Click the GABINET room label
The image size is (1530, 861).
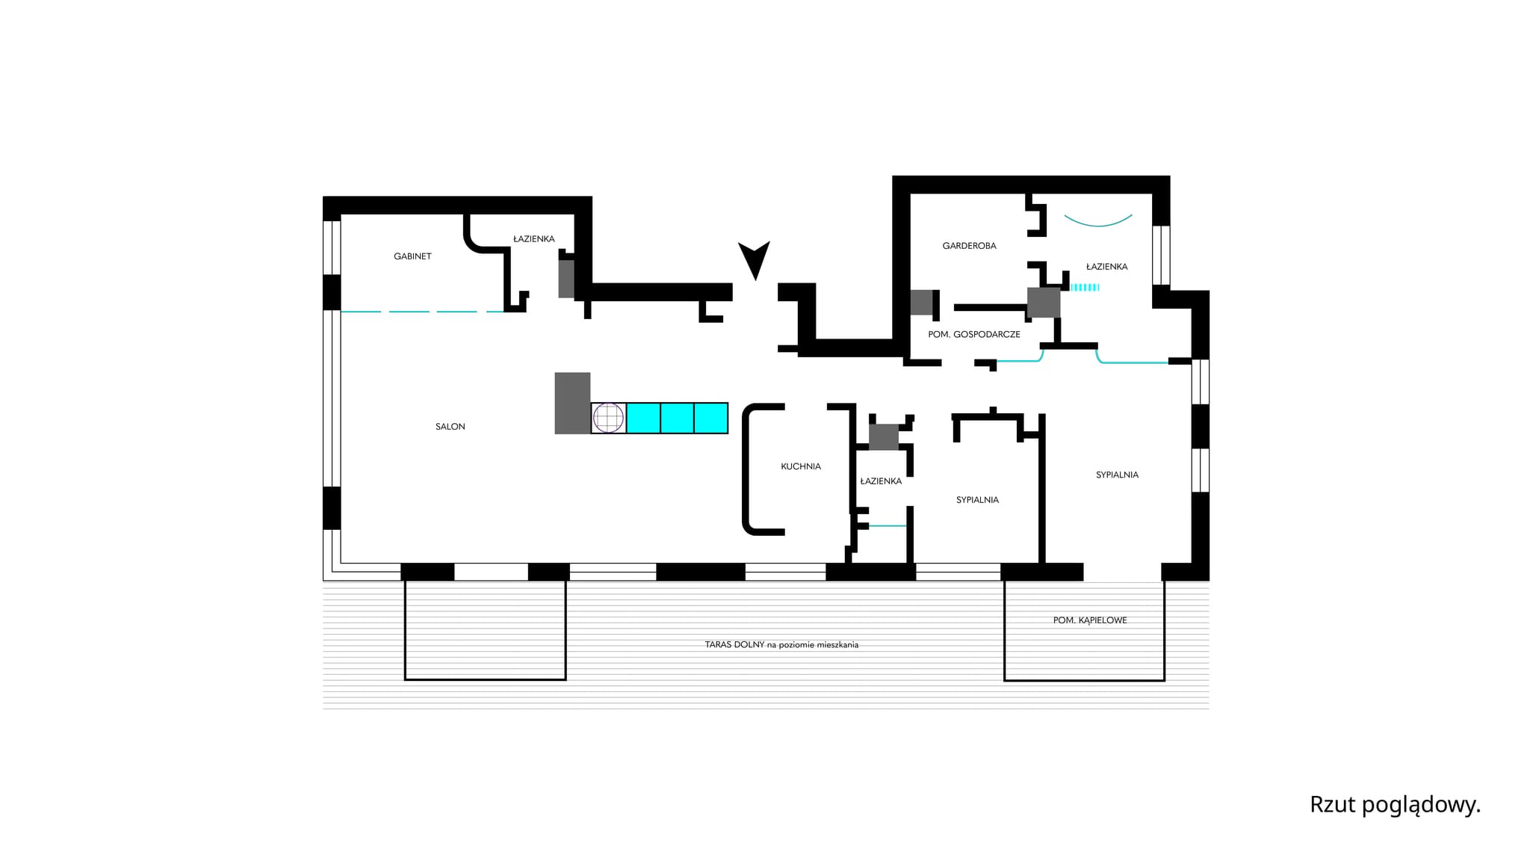(x=412, y=256)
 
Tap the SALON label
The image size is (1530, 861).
(x=450, y=427)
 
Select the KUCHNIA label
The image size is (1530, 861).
(x=801, y=466)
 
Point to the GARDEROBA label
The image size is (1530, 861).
(x=969, y=246)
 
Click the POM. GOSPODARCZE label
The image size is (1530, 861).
(x=974, y=335)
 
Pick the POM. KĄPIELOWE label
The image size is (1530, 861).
(x=1090, y=620)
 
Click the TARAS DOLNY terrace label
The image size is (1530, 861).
(x=781, y=644)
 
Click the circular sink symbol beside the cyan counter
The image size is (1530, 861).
(x=608, y=418)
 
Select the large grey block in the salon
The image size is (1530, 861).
(x=572, y=403)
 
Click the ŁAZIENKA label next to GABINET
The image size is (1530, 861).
(x=534, y=239)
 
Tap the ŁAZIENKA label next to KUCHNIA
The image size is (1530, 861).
(x=881, y=481)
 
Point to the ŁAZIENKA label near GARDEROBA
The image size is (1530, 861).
(x=1106, y=267)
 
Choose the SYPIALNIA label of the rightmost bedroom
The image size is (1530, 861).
(x=1117, y=475)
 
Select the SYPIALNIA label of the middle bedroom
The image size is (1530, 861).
(x=977, y=500)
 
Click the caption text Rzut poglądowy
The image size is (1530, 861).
(x=1395, y=805)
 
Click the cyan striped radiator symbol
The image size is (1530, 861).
(x=1085, y=287)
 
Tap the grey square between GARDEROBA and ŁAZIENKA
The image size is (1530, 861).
(x=1044, y=303)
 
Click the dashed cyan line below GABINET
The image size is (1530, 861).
(x=423, y=312)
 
